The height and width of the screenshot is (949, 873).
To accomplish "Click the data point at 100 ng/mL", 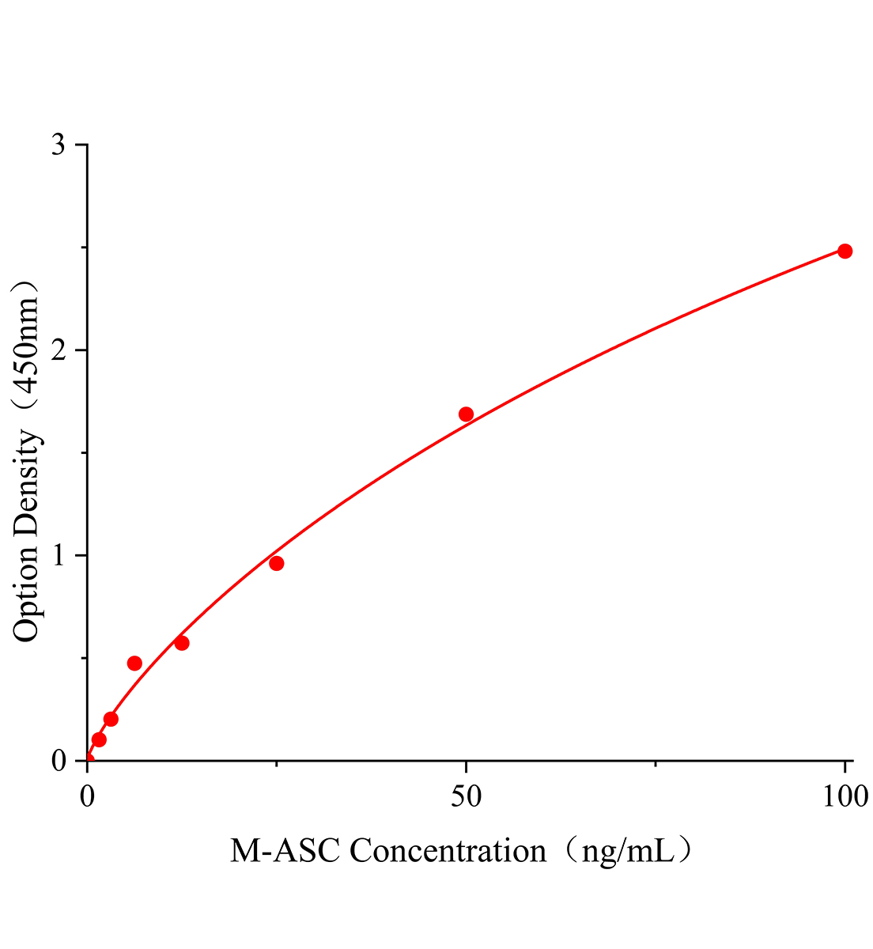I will pyautogui.click(x=845, y=251).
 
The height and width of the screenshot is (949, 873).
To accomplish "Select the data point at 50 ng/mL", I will pyautogui.click(x=466, y=414).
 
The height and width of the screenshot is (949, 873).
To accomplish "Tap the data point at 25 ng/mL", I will pyautogui.click(x=276, y=563).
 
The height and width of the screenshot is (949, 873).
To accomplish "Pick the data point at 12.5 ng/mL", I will pyautogui.click(x=182, y=643).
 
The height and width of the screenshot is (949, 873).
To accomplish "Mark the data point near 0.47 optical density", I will pyautogui.click(x=134, y=663).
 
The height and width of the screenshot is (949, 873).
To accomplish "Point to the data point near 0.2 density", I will pyautogui.click(x=111, y=719).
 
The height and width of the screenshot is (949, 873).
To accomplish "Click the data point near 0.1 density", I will pyautogui.click(x=99, y=739).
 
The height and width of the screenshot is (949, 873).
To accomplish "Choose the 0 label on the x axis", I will pyautogui.click(x=87, y=796).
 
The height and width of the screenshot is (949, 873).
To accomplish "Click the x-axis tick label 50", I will pyautogui.click(x=466, y=796).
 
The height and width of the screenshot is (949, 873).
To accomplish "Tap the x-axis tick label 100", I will pyautogui.click(x=845, y=796).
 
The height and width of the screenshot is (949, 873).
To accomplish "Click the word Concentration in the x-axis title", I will pyautogui.click(x=448, y=851).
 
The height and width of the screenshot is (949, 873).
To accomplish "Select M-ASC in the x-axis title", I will pyautogui.click(x=285, y=851).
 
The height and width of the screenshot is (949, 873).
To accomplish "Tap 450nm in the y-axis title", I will pyautogui.click(x=26, y=348).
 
